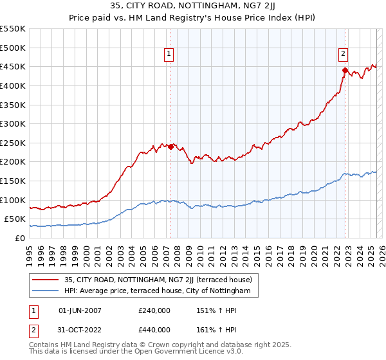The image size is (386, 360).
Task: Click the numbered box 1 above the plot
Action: click(169, 54)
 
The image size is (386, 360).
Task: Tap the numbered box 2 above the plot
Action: click(344, 54)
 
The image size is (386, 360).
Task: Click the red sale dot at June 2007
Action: click(171, 147)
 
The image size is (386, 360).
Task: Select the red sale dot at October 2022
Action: click(345, 71)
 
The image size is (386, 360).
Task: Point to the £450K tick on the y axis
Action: click(13, 66)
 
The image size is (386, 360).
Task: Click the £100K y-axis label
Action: click(13, 200)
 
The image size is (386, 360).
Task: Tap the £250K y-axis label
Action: click(13, 143)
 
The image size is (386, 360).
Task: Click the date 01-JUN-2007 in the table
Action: click(80, 310)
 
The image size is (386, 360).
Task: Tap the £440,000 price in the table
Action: click(154, 329)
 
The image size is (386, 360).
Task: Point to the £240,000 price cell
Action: click(154, 310)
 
